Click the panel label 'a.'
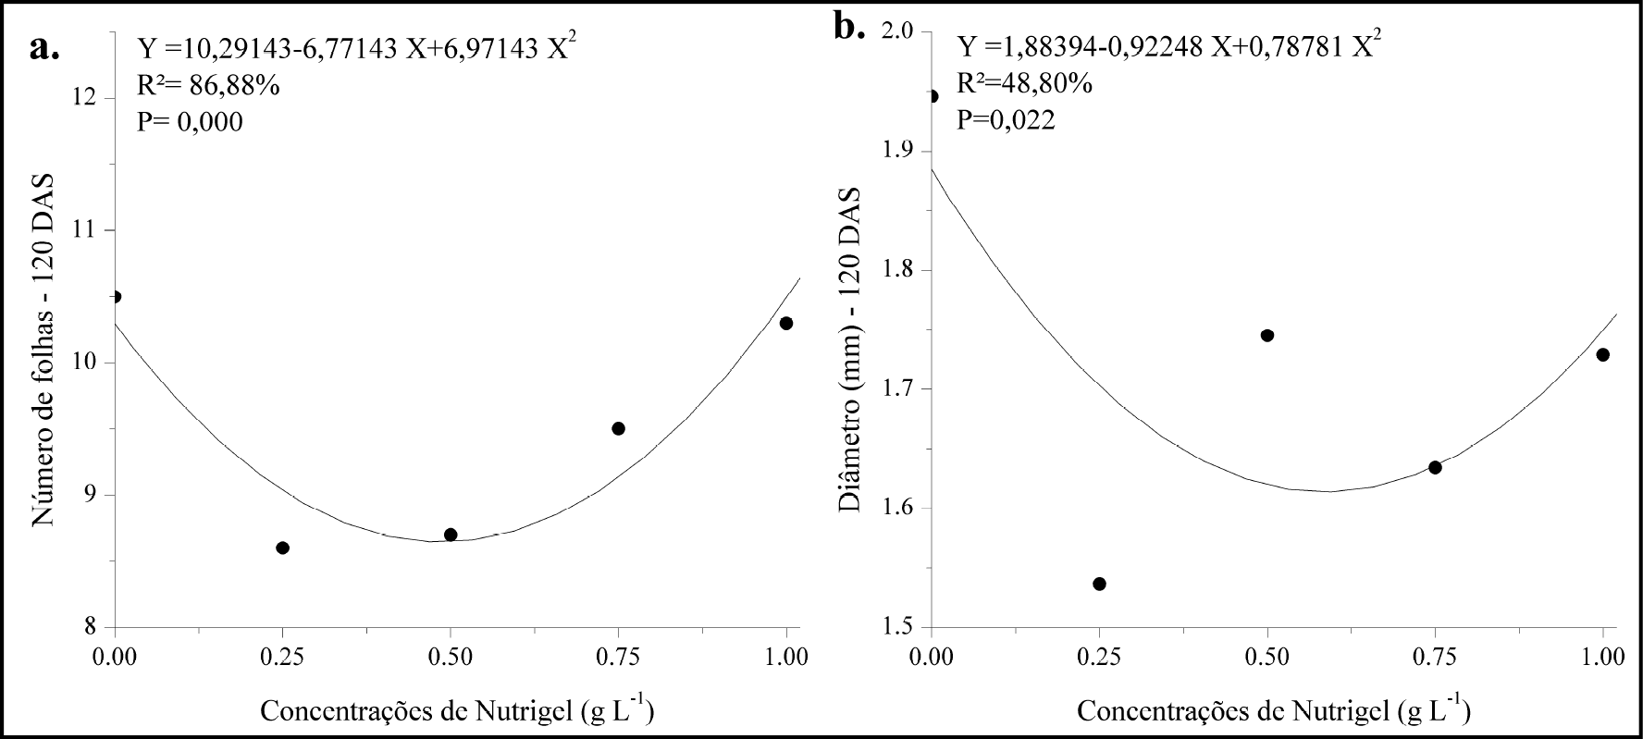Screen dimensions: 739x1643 point(44,46)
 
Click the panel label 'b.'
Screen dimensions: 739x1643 point(849,27)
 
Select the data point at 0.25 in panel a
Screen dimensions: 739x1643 point(283,548)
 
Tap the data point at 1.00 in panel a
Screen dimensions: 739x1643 point(786,323)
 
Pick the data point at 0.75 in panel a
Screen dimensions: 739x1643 point(618,428)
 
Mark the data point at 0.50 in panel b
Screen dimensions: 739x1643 point(1267,335)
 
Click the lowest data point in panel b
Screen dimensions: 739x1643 point(1100,584)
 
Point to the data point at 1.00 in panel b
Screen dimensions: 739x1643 point(1602,354)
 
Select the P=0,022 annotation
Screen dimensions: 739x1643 point(1006,120)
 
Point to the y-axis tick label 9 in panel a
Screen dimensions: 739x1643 point(93,495)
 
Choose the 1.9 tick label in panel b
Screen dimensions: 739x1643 point(896,151)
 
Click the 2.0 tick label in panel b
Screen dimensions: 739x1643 point(896,31)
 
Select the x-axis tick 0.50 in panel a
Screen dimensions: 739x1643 point(451,658)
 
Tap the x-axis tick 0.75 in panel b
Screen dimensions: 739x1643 point(1435,658)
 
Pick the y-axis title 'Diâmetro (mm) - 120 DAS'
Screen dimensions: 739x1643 point(849,351)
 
